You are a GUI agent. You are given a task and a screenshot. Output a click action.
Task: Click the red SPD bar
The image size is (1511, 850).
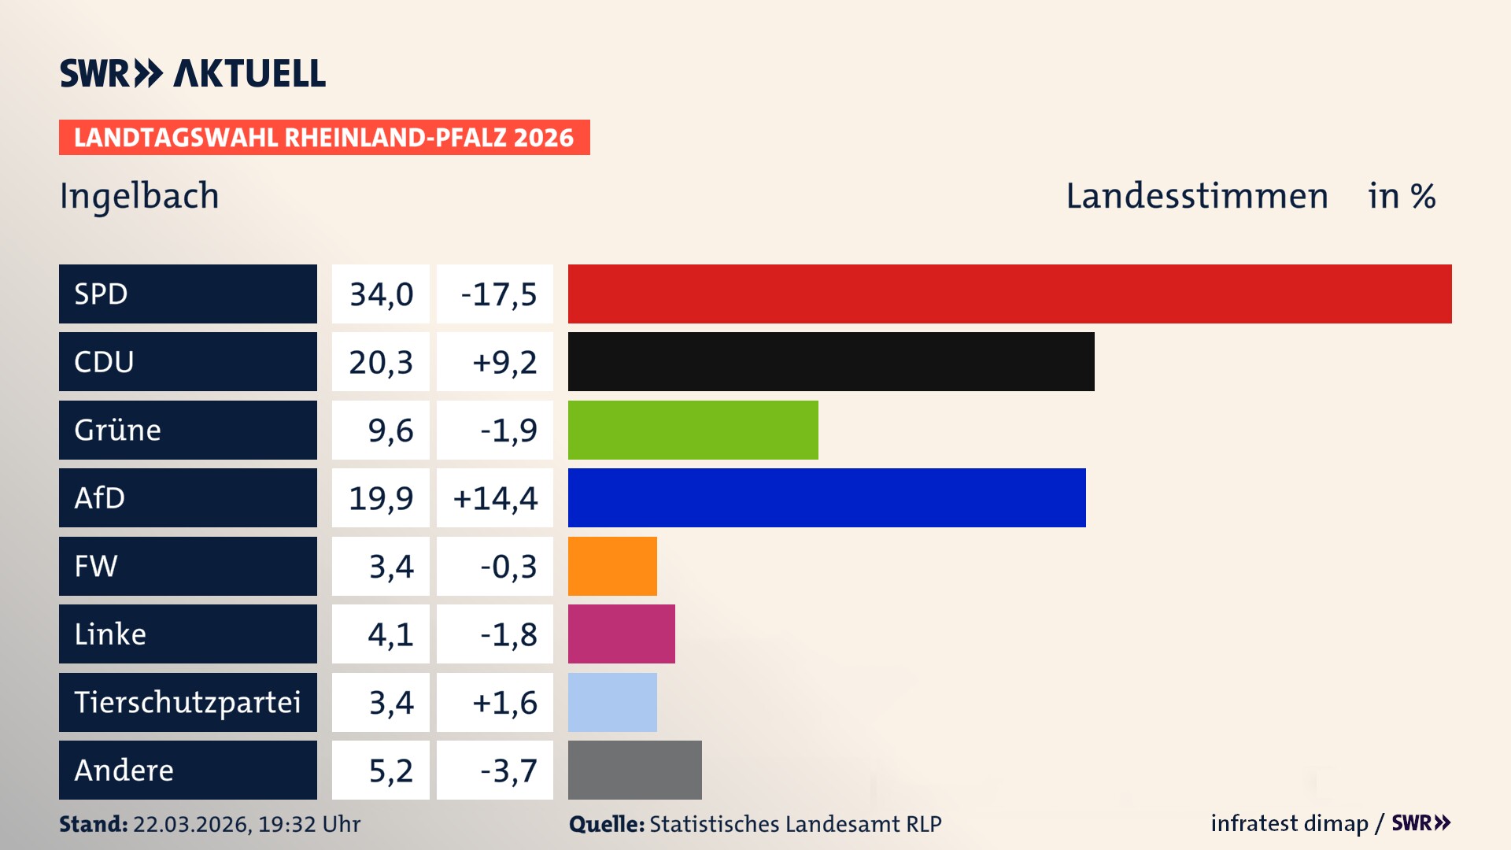point(1010,294)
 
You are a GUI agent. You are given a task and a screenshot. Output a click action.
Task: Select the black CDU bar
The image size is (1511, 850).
point(831,361)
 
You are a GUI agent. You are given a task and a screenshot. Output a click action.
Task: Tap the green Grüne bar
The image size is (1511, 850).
point(693,430)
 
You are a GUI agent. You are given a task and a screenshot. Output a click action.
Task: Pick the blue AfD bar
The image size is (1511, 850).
point(826,497)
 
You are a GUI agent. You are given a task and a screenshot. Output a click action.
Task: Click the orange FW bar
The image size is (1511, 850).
point(612,566)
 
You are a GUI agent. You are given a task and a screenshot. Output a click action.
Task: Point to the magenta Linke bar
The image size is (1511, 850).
point(621,634)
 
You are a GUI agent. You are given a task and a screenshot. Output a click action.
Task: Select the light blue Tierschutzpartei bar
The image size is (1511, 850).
point(612,702)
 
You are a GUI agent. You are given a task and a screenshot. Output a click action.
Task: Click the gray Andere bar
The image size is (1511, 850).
point(634,770)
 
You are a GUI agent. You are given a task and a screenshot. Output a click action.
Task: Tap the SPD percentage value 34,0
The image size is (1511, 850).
point(381,294)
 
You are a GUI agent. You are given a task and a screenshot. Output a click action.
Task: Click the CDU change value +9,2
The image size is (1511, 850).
point(504,362)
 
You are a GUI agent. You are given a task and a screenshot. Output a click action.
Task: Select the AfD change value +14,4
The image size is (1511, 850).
point(495,498)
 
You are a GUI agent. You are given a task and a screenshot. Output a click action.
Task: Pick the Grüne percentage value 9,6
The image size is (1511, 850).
point(390,431)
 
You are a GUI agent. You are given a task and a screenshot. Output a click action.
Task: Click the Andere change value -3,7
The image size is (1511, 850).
point(508,771)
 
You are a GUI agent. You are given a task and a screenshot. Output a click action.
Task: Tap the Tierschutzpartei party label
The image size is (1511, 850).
point(187,702)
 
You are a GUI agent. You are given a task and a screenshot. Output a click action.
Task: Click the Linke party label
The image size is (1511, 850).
point(110,634)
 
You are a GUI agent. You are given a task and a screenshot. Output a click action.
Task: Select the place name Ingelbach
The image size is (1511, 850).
point(139,196)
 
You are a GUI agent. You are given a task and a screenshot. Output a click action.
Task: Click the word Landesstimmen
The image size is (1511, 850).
point(1196,196)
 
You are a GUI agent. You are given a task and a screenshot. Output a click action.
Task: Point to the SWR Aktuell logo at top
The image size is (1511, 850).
point(192,73)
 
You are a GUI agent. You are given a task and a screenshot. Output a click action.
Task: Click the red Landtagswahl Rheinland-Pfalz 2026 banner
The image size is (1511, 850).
point(323,138)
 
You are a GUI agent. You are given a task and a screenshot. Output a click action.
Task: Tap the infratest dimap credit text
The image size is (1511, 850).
point(1288,823)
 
